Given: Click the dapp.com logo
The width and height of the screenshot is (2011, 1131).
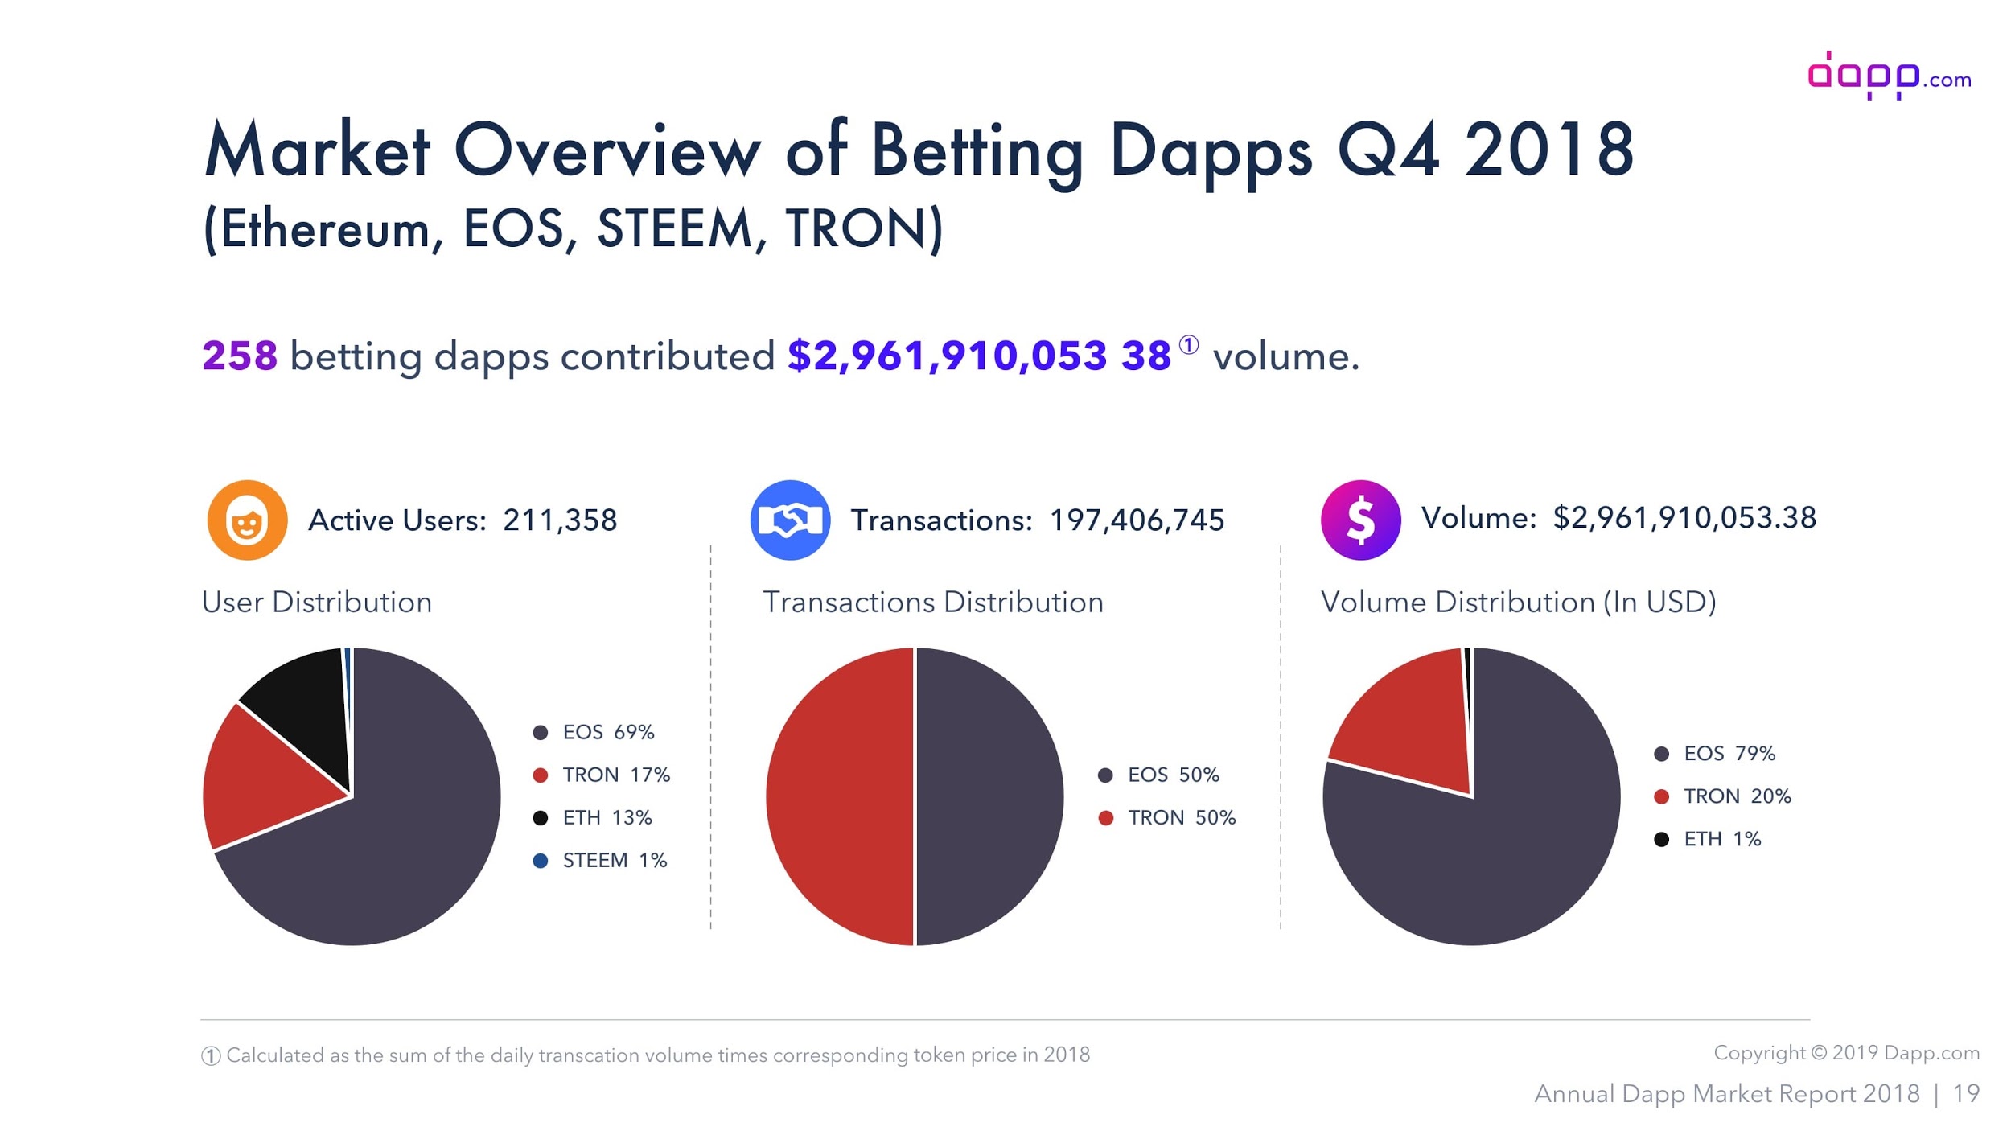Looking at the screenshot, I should coord(1888,76).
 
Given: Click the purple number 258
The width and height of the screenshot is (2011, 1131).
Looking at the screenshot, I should coord(239,356).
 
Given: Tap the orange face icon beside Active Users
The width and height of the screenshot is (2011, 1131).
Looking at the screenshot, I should coord(247,520).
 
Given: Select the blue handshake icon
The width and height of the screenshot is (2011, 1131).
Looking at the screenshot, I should coord(790,520).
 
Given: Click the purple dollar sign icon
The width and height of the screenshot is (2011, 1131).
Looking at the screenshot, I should coord(1359,520).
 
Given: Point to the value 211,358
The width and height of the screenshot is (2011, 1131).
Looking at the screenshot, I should coord(560,520).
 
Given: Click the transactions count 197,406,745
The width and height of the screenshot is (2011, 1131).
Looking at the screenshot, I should coord(1137,520).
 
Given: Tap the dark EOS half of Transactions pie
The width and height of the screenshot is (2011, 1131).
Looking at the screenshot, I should coord(989,796).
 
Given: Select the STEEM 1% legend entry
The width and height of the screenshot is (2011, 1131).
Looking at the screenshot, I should coord(600,861).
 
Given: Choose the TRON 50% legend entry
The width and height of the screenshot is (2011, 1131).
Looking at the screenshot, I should coord(1167,818).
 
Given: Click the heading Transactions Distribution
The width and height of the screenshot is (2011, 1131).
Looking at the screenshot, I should coord(933,603).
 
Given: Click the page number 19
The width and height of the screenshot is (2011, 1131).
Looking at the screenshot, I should coord(1966,1094).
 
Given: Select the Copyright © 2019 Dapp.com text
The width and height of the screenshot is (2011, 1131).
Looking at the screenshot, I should coord(1846,1053).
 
